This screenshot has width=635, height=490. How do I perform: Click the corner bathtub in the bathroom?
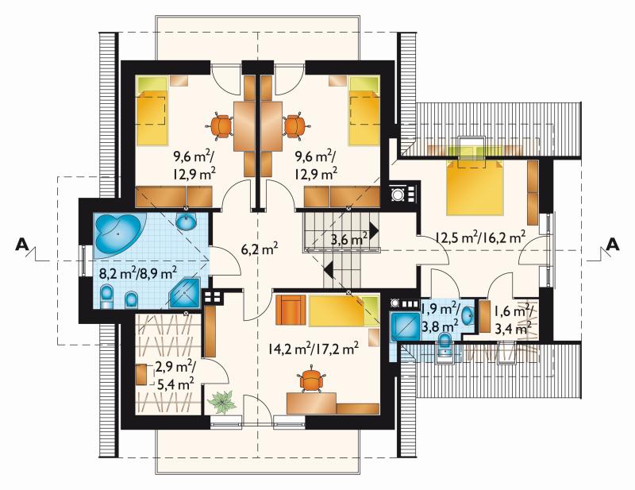coord(117,235)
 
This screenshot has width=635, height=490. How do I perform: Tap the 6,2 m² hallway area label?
coord(260,249)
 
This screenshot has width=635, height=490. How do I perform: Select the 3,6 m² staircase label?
coord(349,239)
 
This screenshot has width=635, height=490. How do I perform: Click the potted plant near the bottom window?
coord(221,402)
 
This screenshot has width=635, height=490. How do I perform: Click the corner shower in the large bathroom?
coord(185,292)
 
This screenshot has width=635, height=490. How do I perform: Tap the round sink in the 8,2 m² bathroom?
coord(187,222)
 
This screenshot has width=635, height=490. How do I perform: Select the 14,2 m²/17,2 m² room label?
coord(313,348)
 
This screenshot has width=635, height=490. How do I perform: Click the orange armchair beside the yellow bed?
coord(291,310)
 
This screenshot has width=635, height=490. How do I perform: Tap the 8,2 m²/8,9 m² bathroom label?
coord(137,273)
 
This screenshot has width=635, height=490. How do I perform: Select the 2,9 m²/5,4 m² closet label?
coord(175,376)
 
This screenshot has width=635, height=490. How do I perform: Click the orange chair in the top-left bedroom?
coord(221,125)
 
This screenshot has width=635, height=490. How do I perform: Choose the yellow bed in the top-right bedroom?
coord(364,110)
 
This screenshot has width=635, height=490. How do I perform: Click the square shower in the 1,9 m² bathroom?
coord(404,326)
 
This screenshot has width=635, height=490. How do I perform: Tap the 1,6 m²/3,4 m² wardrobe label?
coord(513,320)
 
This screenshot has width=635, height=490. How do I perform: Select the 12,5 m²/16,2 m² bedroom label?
coord(480,237)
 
